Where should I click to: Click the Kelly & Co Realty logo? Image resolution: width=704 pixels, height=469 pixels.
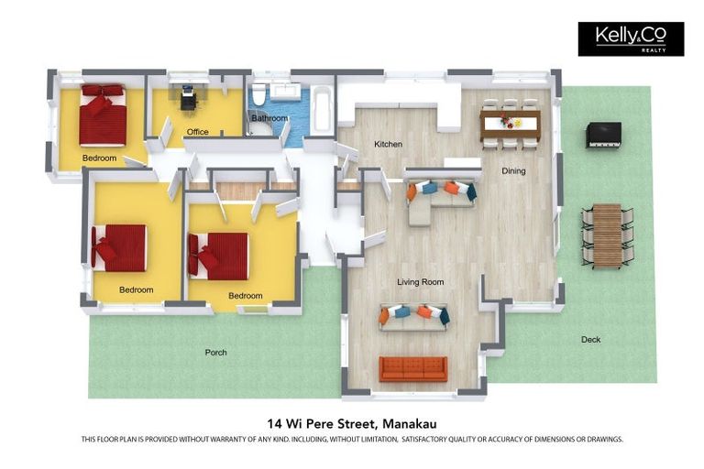(x=630, y=38)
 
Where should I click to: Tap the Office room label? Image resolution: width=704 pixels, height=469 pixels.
(x=197, y=132)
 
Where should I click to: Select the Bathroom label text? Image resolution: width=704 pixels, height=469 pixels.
(x=269, y=118)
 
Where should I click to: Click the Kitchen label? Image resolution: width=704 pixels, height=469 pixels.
(x=388, y=145)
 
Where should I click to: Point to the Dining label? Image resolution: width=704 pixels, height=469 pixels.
(x=513, y=170)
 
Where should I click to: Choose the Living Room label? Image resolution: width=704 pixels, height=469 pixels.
(x=420, y=282)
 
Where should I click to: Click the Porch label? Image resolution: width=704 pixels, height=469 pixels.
(x=215, y=353)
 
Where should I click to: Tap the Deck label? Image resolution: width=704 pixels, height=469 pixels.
(x=591, y=340)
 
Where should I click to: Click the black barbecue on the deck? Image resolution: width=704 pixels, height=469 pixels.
(x=603, y=135)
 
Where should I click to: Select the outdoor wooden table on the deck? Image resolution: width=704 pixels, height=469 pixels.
(x=607, y=234)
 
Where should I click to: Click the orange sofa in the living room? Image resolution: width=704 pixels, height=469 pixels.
(x=413, y=368)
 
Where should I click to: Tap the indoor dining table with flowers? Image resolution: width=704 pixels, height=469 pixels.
(x=511, y=122)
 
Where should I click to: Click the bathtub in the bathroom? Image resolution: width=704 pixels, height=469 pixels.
(x=324, y=111)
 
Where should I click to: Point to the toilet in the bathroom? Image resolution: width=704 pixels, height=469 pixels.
(x=258, y=96)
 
